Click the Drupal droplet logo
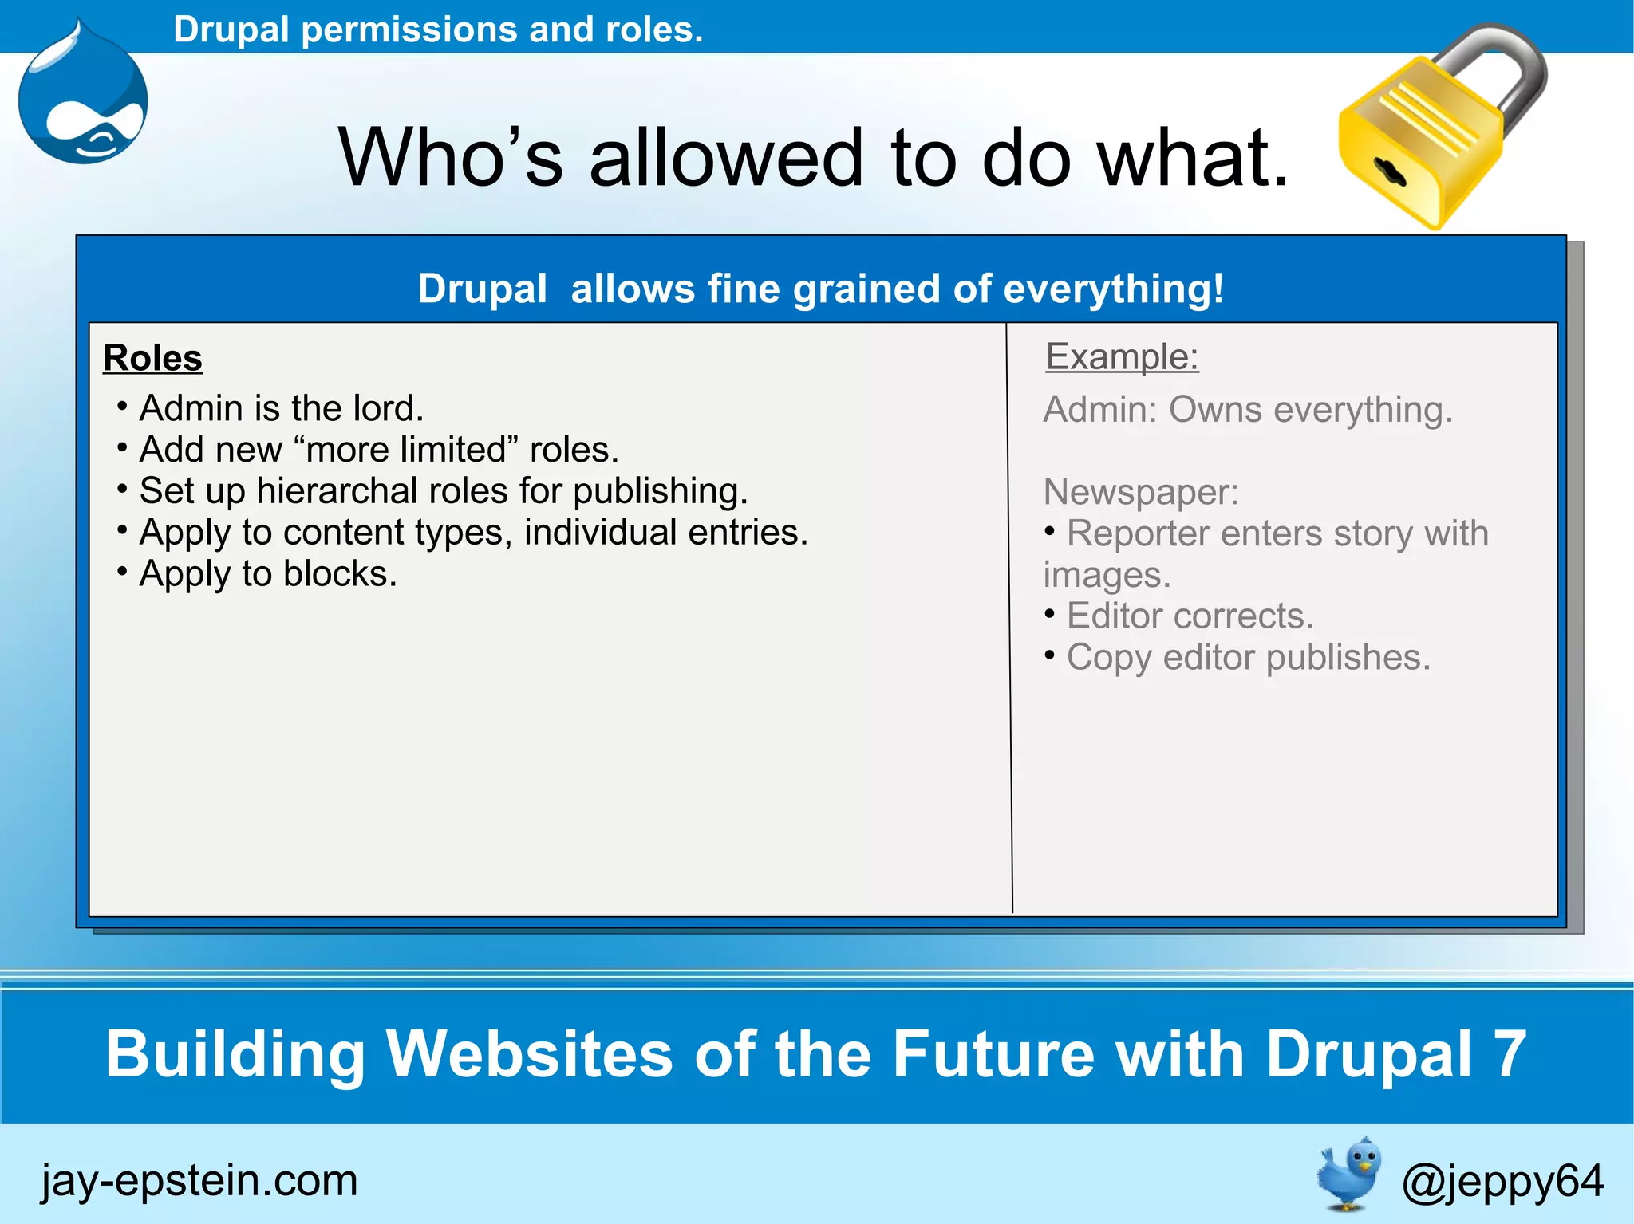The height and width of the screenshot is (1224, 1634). pos(83,100)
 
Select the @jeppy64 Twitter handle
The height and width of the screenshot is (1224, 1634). pos(1502,1180)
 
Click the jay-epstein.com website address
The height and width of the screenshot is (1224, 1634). pos(199,1180)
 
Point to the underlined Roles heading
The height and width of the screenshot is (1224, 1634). pos(152,358)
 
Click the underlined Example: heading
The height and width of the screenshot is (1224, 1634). pos(1122,356)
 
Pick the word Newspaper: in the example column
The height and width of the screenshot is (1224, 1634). pos(1141,492)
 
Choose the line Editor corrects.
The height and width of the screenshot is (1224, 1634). pos(1190,616)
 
